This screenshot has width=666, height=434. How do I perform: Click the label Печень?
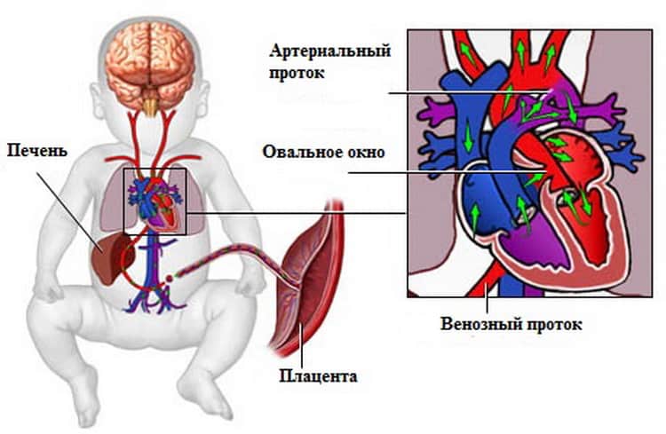(37, 151)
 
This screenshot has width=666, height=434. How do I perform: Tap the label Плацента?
(318, 375)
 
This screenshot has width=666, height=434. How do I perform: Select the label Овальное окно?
(323, 152)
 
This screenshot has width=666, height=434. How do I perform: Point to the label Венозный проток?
(511, 324)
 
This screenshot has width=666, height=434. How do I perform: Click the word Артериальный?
(330, 51)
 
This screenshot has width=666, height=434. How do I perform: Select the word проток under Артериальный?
(297, 73)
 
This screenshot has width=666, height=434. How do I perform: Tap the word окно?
(365, 152)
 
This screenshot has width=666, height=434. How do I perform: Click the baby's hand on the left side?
(47, 288)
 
